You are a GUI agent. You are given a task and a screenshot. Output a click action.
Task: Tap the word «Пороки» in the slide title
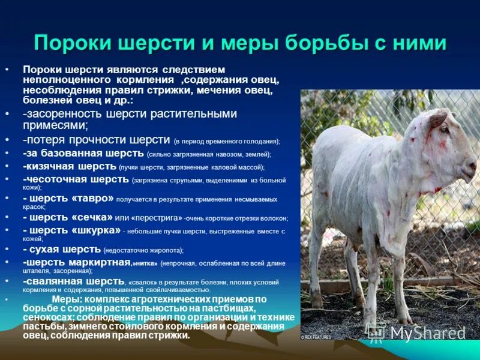click(71, 44)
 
